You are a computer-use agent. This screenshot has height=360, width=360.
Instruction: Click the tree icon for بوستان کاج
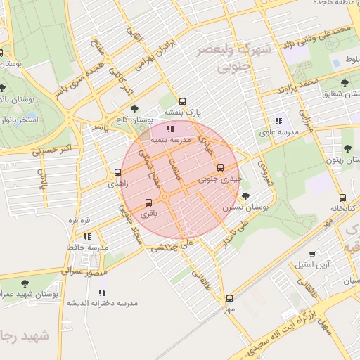pyautogui.click(x=134, y=109)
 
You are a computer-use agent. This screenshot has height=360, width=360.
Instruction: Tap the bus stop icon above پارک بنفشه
pyautogui.click(x=183, y=101)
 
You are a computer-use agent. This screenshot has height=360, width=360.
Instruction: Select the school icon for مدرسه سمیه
pyautogui.click(x=169, y=129)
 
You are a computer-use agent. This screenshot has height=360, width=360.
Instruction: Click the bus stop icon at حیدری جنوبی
pyautogui.click(x=221, y=167)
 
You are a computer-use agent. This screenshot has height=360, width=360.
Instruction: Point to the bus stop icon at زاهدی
pyautogui.click(x=117, y=172)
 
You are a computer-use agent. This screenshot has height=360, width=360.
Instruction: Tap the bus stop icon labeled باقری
pyautogui.click(x=148, y=203)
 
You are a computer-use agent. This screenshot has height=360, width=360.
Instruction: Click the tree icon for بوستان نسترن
pyautogui.click(x=245, y=197)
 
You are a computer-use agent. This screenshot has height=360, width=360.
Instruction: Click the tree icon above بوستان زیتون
pyautogui.click(x=347, y=148)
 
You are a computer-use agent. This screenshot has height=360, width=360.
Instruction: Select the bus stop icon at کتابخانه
pyautogui.click(x=342, y=198)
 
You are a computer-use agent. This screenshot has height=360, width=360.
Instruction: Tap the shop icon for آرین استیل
pyautogui.click(x=313, y=254)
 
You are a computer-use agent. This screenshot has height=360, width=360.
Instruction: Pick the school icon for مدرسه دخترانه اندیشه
pyautogui.click(x=102, y=292)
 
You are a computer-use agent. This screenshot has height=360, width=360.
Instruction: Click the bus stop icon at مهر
pyautogui.click(x=229, y=297)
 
